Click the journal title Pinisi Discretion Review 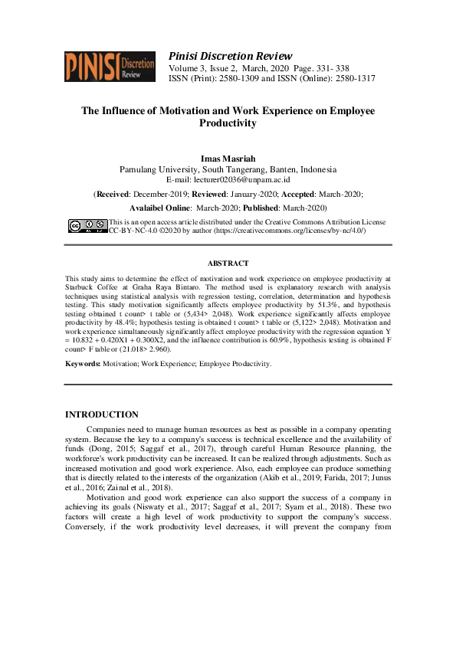click(230, 56)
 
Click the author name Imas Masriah click(228, 159)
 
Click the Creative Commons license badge click(87, 225)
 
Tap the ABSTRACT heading click(228, 264)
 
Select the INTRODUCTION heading click(102, 414)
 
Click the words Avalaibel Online click(159, 208)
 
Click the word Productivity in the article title click(228, 123)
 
